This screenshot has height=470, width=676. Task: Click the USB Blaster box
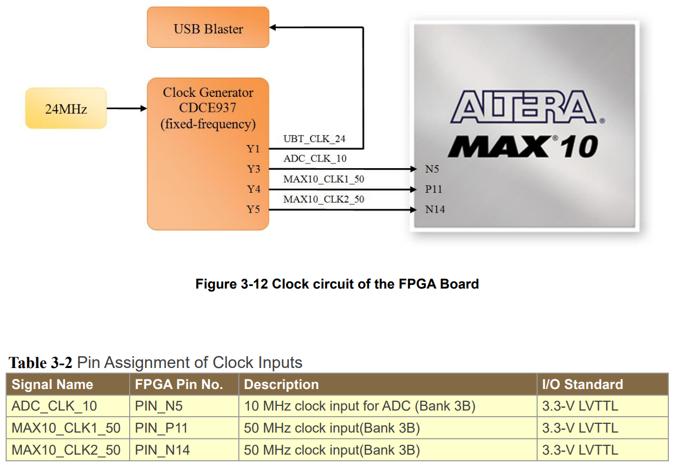point(208,28)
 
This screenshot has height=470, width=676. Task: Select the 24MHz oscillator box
point(66,108)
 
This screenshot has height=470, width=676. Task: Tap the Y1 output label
point(253,149)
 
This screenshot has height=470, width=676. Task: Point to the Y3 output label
point(253,169)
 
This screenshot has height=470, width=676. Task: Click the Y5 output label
point(253,209)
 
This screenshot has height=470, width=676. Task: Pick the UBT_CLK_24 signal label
point(314,139)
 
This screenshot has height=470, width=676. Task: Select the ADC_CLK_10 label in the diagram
point(315,158)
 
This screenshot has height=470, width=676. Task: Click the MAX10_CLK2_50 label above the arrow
point(323,199)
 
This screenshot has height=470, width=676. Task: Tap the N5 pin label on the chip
point(432,169)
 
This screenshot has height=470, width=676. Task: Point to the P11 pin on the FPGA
point(434,189)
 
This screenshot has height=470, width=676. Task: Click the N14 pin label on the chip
point(435,209)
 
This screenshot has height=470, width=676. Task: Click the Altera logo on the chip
point(527,107)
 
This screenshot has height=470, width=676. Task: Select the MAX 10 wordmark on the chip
point(523,147)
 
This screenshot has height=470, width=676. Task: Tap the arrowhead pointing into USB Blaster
point(273,28)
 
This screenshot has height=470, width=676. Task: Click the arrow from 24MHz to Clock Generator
point(127,108)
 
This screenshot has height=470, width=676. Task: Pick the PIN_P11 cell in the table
point(161,428)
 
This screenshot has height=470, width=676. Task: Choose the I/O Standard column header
point(582,384)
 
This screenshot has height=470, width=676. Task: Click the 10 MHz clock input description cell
point(359,406)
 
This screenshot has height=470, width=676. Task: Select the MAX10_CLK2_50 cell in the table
point(66,450)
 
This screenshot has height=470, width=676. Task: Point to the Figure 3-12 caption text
point(337,284)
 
